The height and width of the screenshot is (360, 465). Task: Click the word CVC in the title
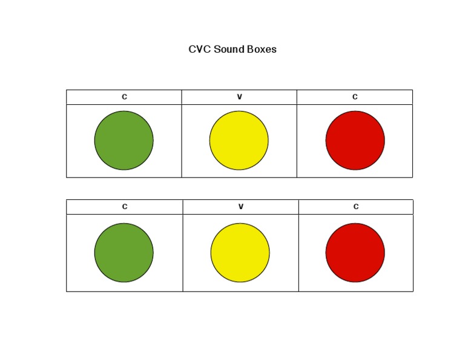(x=199, y=50)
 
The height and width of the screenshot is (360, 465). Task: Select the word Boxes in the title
(x=262, y=50)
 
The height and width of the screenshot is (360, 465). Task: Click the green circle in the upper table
(x=124, y=141)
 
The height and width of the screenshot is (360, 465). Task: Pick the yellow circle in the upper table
(x=239, y=141)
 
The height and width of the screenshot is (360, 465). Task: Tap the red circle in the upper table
(x=355, y=141)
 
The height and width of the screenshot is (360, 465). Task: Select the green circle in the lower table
(x=124, y=253)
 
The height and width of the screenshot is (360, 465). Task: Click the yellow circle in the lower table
(x=240, y=253)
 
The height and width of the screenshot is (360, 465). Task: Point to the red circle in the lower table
(x=355, y=253)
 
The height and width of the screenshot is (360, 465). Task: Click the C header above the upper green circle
(x=124, y=97)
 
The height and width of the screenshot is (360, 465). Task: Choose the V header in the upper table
(x=239, y=97)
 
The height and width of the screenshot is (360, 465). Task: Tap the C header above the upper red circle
(x=355, y=97)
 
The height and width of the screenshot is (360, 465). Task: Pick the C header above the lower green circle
(x=125, y=207)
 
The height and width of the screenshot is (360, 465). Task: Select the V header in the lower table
(x=240, y=207)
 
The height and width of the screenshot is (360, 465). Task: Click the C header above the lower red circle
(x=356, y=207)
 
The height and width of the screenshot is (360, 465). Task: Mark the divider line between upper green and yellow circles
(x=182, y=141)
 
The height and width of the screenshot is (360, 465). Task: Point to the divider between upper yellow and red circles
(x=297, y=141)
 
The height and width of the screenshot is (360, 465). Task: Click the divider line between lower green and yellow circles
(x=183, y=253)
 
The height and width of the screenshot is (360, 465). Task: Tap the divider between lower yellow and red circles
(x=298, y=253)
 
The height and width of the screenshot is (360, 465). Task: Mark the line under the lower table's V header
(x=240, y=214)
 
